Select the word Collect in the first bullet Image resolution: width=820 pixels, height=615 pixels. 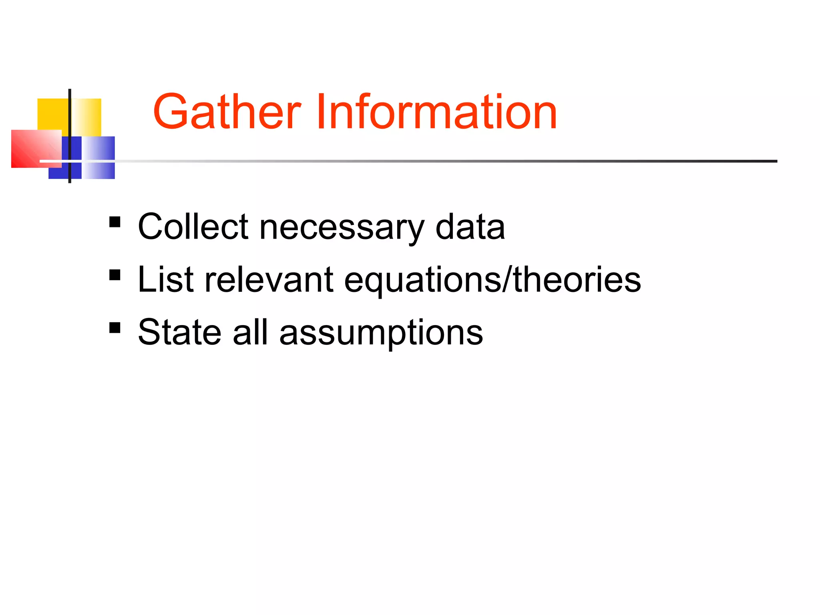pyautogui.click(x=193, y=227)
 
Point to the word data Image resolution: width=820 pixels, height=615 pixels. pyautogui.click(x=470, y=227)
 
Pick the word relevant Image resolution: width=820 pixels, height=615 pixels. pyautogui.click(x=269, y=279)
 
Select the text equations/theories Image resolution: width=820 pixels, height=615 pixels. pyautogui.click(x=492, y=280)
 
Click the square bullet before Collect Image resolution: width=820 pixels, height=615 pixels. pyautogui.click(x=115, y=222)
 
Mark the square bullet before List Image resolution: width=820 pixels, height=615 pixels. pyautogui.click(x=115, y=275)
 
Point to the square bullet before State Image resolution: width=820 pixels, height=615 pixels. pyautogui.click(x=115, y=328)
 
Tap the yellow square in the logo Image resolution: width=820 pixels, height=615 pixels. pyautogui.click(x=52, y=114)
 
